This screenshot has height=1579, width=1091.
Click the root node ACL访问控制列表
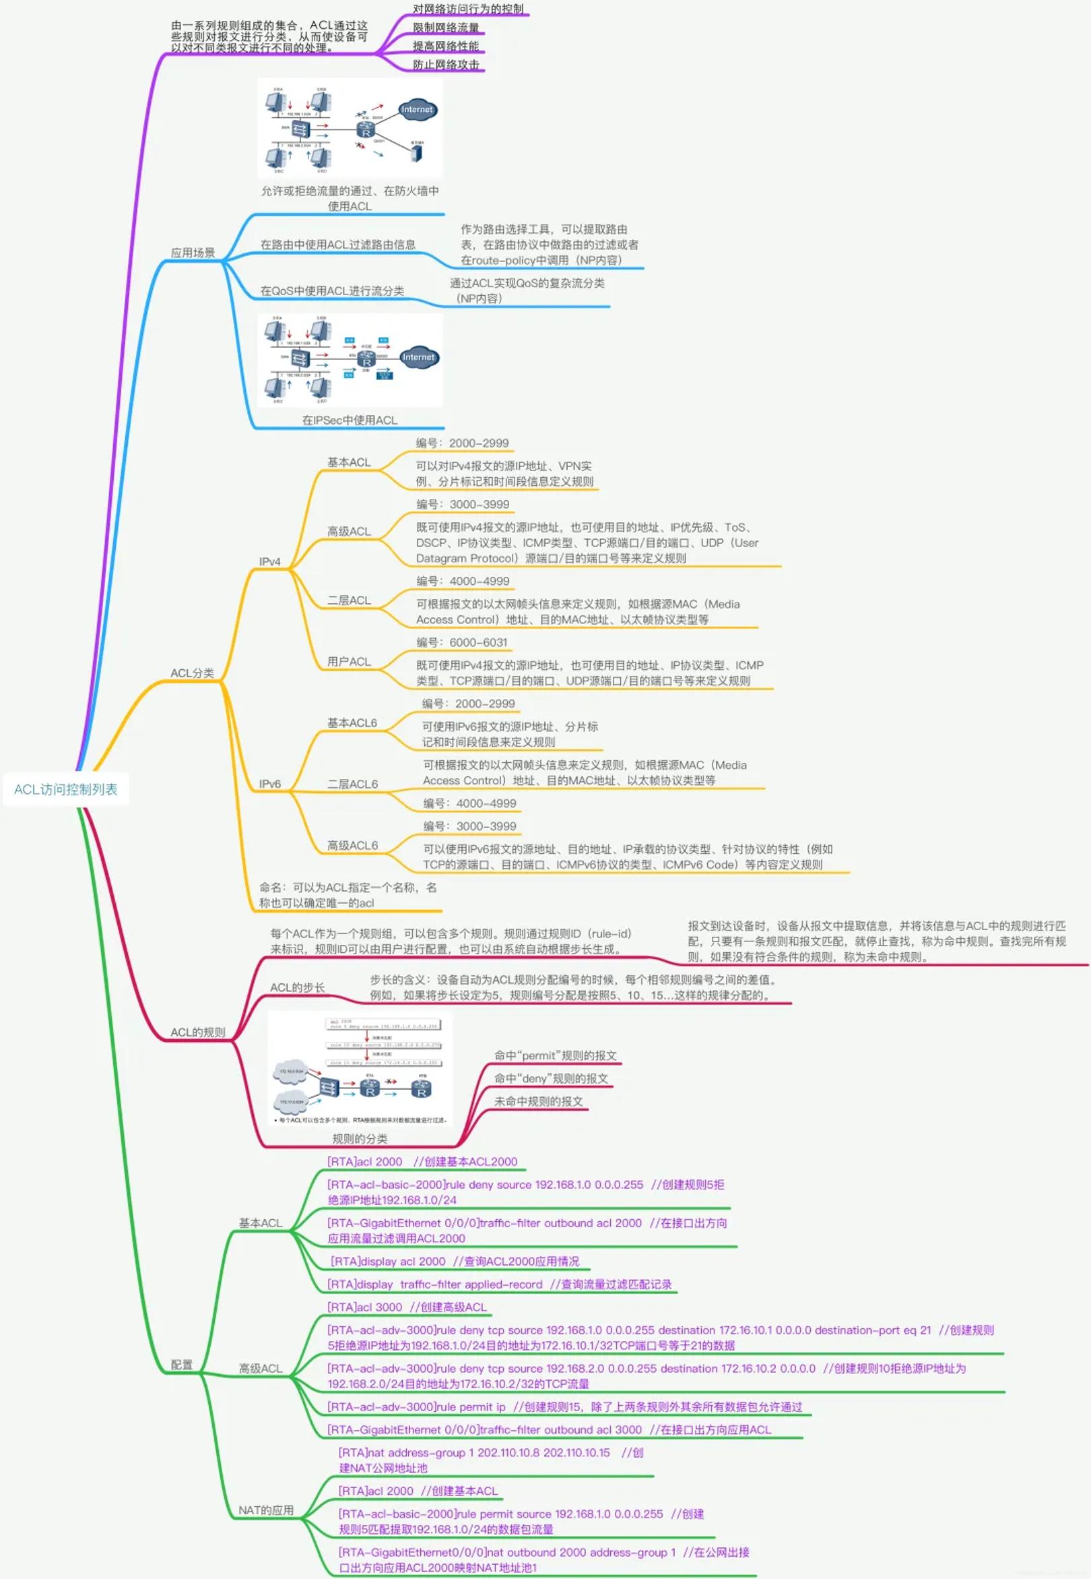[65, 789]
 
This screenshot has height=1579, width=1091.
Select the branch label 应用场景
[193, 253]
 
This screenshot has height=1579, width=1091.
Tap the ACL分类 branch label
[192, 673]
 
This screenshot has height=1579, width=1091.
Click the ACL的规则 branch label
[197, 1032]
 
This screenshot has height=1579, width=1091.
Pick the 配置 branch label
[182, 1364]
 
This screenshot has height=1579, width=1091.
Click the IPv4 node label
[269, 561]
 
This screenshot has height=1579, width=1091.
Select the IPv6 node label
[269, 784]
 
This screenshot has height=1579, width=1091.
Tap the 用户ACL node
[349, 661]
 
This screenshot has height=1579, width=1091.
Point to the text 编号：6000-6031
[462, 642]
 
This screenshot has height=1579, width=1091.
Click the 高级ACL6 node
[352, 845]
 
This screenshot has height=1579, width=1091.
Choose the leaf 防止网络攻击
[446, 65]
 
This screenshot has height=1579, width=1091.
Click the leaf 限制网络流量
[446, 28]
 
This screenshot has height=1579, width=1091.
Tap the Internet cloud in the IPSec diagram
[418, 357]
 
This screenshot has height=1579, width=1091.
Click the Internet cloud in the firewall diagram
[416, 109]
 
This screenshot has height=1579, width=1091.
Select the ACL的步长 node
[298, 987]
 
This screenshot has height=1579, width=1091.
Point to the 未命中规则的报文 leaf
[539, 1101]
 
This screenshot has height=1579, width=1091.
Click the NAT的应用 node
[266, 1509]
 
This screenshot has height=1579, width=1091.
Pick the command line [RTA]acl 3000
[365, 1307]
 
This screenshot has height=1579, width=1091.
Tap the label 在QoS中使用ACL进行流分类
[332, 290]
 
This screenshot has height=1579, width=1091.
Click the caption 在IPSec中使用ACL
[350, 420]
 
